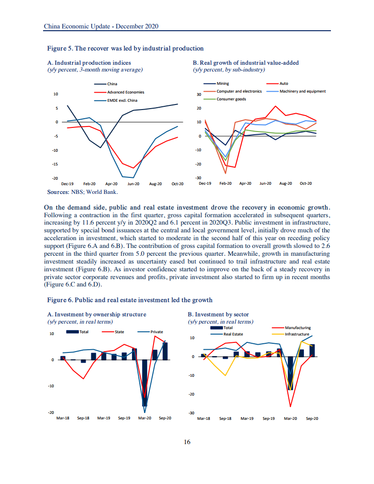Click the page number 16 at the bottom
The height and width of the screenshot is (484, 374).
point(187,442)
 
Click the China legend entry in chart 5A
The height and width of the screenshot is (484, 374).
point(105,84)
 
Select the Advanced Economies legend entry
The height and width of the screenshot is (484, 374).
point(119,92)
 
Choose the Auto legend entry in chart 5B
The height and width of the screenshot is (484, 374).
point(277,83)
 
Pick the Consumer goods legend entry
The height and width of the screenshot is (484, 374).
point(225,99)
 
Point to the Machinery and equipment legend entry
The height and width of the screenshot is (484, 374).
point(296,91)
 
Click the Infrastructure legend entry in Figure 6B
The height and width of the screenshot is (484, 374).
point(291,334)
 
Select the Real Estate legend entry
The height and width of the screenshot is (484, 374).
point(227,334)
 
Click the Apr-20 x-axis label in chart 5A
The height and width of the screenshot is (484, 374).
point(111,184)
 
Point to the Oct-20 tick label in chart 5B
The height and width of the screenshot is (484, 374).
point(306,183)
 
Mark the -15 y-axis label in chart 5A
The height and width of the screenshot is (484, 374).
point(55,164)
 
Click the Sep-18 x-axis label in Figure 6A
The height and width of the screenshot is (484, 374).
point(83,418)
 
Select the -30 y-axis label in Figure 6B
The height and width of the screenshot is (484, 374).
point(191,413)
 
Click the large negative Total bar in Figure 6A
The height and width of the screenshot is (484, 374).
point(144,383)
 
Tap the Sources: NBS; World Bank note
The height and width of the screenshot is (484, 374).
point(82,192)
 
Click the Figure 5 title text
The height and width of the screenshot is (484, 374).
point(125,49)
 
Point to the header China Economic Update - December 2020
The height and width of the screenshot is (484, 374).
point(101,26)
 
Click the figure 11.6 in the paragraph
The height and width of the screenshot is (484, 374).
point(88,223)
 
